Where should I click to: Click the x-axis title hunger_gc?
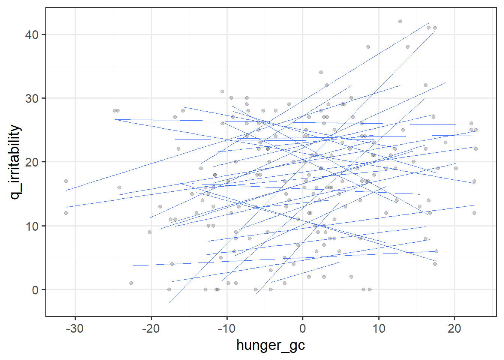[x=270, y=345]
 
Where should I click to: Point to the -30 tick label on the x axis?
[x=75, y=328]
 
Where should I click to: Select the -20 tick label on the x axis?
[x=151, y=328]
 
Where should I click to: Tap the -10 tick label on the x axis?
[x=226, y=328]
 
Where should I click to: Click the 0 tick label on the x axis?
[x=303, y=328]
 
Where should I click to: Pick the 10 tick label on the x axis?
[x=379, y=328]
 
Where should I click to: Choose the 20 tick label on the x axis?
[x=454, y=328]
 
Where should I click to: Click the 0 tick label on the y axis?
[x=35, y=290]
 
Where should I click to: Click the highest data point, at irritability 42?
[x=400, y=21]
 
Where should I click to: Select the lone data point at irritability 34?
[x=321, y=72]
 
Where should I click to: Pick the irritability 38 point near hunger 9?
[x=368, y=47]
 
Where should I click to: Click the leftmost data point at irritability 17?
[x=66, y=181]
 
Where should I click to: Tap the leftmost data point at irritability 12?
[x=66, y=213]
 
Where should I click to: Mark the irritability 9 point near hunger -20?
[x=150, y=232]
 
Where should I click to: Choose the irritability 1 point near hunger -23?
[x=131, y=283]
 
